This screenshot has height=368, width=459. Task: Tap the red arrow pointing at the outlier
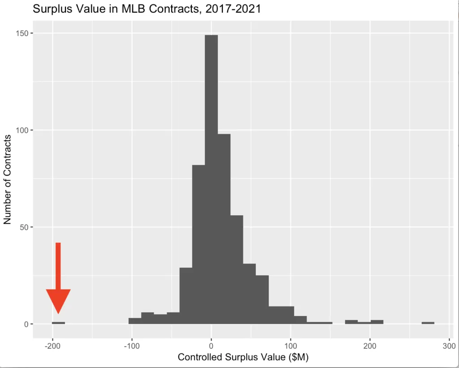pos(58,283)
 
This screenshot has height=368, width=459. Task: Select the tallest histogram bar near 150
pos(211,180)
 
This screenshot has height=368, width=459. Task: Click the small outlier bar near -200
pos(58,323)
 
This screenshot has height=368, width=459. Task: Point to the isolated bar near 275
pos(428,323)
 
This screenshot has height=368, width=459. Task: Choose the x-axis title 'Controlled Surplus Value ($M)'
pos(243,358)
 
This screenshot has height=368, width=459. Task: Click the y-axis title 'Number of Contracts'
pos(7,180)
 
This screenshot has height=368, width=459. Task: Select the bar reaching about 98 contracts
pos(224,229)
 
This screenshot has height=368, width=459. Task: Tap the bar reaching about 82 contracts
pos(199,245)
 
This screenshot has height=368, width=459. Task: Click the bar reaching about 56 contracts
pos(236,269)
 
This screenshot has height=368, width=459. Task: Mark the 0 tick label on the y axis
pos(26,324)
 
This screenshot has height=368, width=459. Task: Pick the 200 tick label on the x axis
pos(370,346)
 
